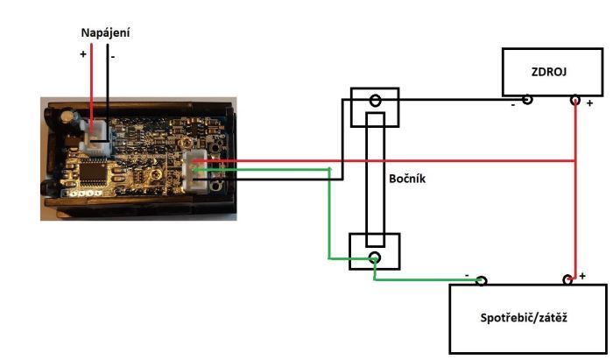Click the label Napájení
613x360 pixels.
pyautogui.click(x=106, y=32)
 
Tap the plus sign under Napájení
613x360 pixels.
pyautogui.click(x=83, y=54)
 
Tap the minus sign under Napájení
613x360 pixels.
pyautogui.click(x=113, y=54)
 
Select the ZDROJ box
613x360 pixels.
pyautogui.click(x=552, y=72)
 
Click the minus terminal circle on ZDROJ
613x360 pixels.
pyautogui.click(x=527, y=100)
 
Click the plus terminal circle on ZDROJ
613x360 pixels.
pyautogui.click(x=574, y=100)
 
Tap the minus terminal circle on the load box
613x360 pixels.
pyautogui.click(x=481, y=280)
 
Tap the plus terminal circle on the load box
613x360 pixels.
pyautogui.click(x=567, y=280)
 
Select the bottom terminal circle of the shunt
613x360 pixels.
pyautogui.click(x=374, y=258)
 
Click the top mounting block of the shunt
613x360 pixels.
pyautogui.click(x=374, y=106)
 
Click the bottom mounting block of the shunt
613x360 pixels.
pyautogui.click(x=374, y=251)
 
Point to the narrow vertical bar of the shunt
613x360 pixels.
pyautogui.click(x=375, y=180)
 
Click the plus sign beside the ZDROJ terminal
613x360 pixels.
pyautogui.click(x=589, y=103)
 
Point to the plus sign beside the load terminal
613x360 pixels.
pyautogui.click(x=582, y=275)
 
